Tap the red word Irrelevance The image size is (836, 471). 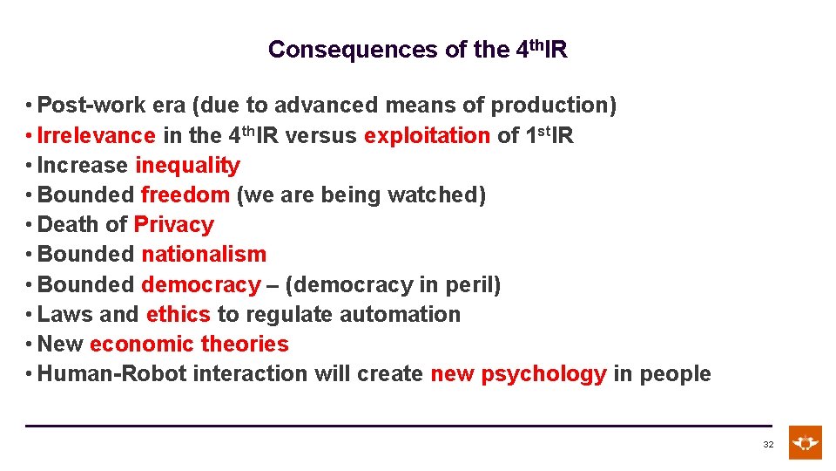point(97,136)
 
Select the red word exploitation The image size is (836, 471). point(428,136)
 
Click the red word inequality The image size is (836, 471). point(187,166)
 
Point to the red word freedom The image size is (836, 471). point(185,195)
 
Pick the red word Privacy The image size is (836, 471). point(173,225)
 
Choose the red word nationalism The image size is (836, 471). point(204,255)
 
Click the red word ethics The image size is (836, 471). point(179,314)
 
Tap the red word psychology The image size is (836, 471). point(543,374)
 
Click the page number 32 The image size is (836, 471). point(768,445)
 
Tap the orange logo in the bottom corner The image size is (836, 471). point(805,442)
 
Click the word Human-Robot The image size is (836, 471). point(112,374)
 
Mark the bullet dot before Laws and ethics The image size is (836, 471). point(30,315)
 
